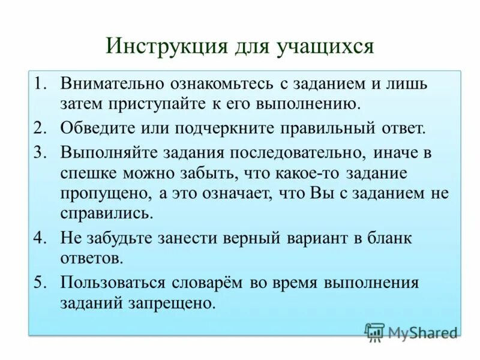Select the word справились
pos(106,213)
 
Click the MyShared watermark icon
pos(374,331)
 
